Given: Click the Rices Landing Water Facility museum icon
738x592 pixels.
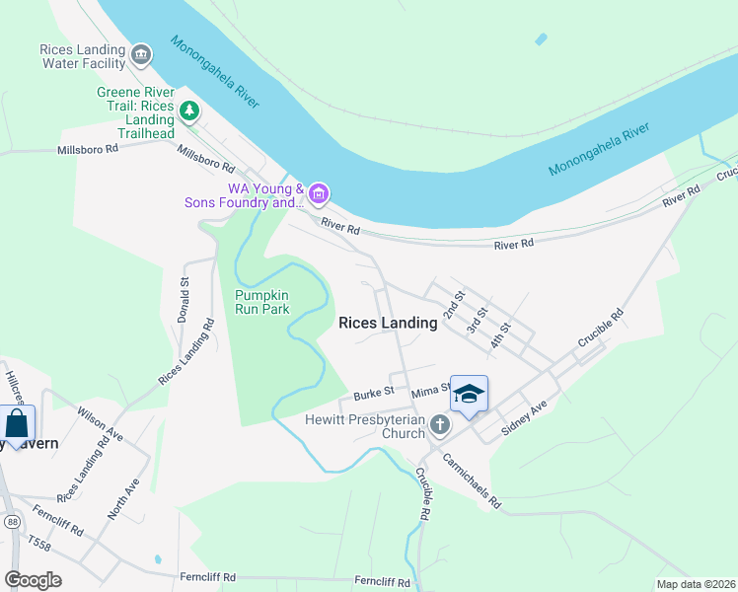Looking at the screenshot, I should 140,53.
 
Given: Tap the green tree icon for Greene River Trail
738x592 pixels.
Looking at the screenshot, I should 188,111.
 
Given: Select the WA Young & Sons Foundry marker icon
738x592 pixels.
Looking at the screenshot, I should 318,194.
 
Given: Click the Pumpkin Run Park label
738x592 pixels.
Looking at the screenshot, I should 261,301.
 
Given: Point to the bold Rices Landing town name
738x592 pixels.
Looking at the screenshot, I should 388,323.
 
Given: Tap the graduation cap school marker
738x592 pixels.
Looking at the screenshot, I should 468,394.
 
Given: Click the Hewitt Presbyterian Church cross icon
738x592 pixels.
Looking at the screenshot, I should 440,426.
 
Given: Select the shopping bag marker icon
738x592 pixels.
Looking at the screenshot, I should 17,423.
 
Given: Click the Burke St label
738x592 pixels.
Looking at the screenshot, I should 374,391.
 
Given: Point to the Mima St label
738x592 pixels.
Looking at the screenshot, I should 430,391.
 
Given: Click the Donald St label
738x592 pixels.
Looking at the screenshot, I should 184,293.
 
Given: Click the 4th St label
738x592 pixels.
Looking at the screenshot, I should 501,333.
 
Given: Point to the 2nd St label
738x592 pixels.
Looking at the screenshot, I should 453,305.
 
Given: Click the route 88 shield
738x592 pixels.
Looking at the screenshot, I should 11,521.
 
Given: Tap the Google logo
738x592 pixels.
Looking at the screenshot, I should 33,579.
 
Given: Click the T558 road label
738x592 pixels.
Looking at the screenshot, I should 38,544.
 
